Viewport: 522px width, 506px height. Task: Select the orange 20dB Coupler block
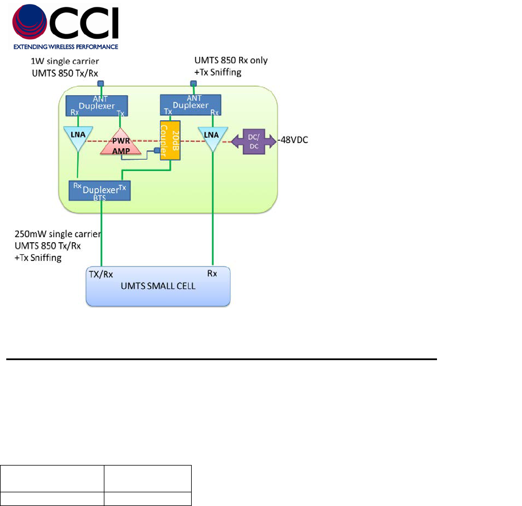pyautogui.click(x=166, y=140)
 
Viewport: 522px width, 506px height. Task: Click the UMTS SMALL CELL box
pyautogui.click(x=158, y=287)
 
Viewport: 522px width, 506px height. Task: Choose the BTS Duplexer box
pyautogui.click(x=100, y=190)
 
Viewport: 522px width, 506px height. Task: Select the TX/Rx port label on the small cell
pyautogui.click(x=102, y=273)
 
